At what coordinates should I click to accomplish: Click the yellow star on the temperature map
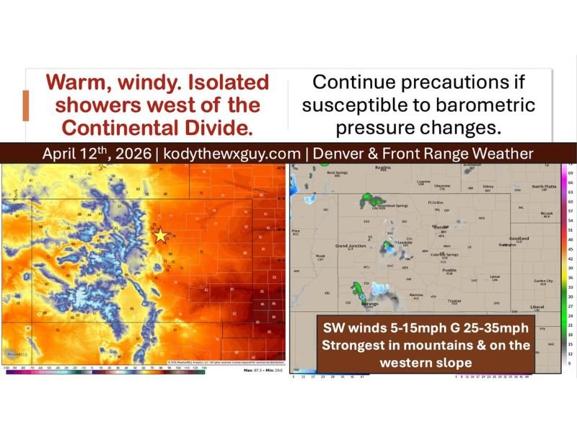[159, 235]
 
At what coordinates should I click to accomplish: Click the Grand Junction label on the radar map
[351, 246]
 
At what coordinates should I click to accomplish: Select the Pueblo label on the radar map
[451, 271]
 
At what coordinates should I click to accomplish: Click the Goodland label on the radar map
[519, 239]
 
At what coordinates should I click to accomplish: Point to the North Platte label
[544, 186]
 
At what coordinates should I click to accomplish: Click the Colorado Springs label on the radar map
[444, 255]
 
